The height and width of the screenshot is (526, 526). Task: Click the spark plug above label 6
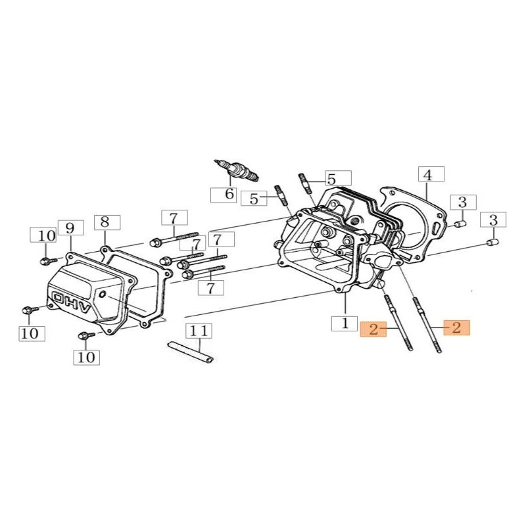click(x=236, y=170)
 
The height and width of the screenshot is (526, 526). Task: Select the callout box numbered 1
click(x=345, y=323)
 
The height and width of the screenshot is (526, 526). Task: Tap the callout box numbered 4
click(x=431, y=174)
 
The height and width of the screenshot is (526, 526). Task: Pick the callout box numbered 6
click(x=224, y=195)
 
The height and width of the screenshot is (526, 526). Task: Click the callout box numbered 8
click(x=107, y=222)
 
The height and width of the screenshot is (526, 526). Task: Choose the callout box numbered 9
click(x=71, y=228)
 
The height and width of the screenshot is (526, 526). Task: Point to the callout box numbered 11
click(x=199, y=331)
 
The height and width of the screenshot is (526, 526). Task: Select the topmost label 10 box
click(x=43, y=235)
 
